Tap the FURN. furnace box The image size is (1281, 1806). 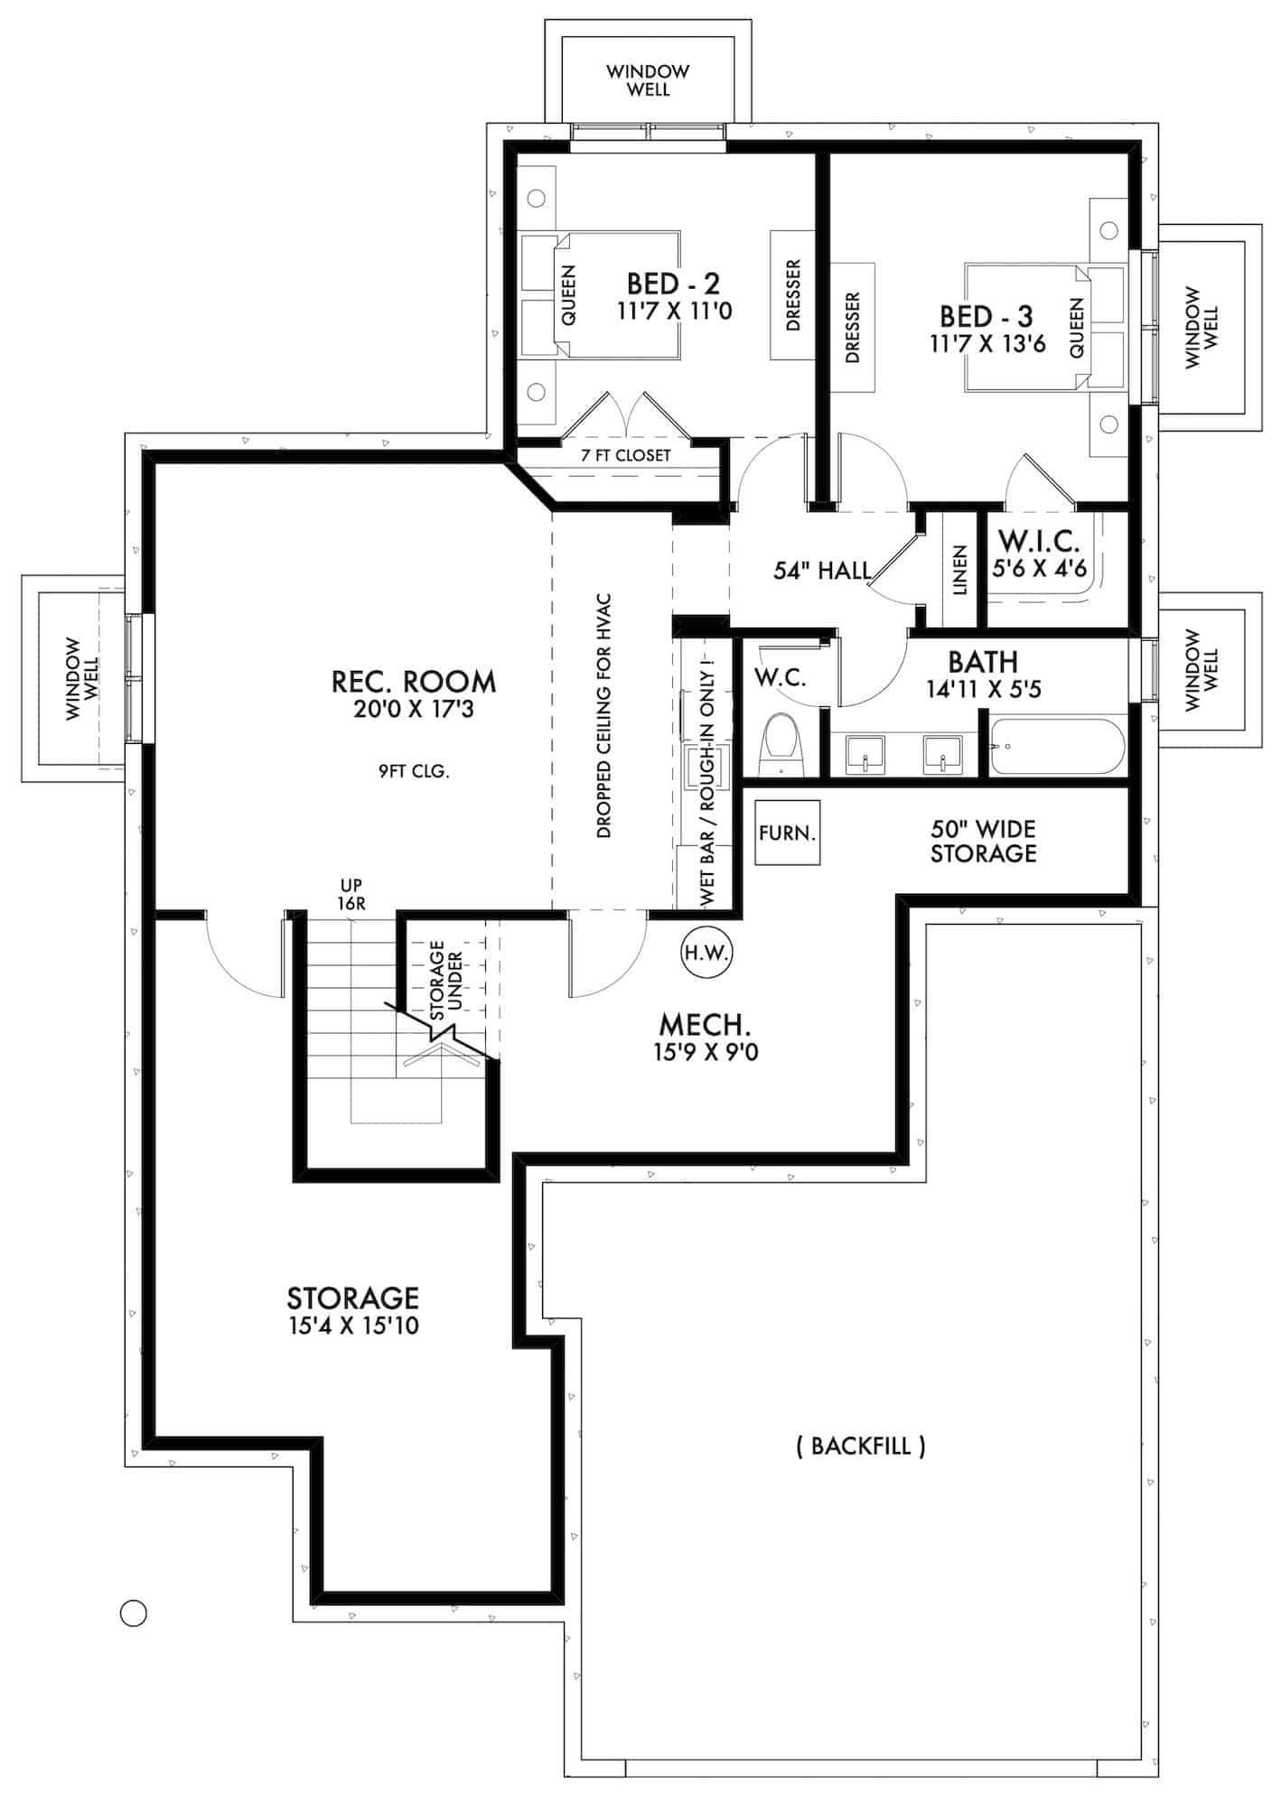788,832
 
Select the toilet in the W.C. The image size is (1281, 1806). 781,745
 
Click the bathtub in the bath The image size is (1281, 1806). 1057,747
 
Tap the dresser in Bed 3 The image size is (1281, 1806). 852,327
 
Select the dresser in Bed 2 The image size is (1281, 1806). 793,294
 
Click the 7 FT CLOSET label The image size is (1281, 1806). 626,455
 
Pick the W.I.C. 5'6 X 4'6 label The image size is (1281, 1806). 1039,554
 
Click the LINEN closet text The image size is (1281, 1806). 960,570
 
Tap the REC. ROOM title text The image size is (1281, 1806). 414,682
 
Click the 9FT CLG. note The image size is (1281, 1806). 414,771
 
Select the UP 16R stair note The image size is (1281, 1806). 351,894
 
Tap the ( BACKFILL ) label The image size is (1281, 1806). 861,1446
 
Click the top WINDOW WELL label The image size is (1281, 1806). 649,79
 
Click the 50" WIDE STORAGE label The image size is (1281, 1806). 983,841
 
